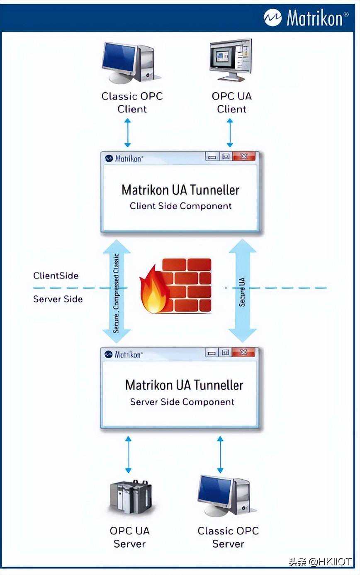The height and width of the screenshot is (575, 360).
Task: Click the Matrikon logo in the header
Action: pyautogui.click(x=306, y=18)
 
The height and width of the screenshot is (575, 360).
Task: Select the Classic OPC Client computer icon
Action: pyautogui.click(x=131, y=62)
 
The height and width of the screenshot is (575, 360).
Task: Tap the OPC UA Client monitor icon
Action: pyautogui.click(x=231, y=60)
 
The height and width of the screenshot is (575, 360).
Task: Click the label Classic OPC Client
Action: pyautogui.click(x=132, y=102)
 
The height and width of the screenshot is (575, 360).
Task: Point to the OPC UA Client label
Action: pyautogui.click(x=231, y=102)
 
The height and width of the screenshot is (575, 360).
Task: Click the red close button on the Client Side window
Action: pyautogui.click(x=243, y=157)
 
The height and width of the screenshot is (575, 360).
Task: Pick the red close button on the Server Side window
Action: pyautogui.click(x=243, y=353)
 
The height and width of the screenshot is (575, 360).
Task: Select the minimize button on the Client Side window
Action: pyautogui.click(x=212, y=157)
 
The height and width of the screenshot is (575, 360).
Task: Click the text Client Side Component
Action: pyautogui.click(x=180, y=206)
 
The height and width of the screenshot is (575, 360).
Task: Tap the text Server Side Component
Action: pyautogui.click(x=182, y=402)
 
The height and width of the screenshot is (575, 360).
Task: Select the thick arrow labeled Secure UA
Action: pyautogui.click(x=243, y=290)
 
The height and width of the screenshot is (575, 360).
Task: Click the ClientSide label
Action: pyautogui.click(x=56, y=275)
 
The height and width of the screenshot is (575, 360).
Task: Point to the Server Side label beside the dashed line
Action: pyautogui.click(x=58, y=299)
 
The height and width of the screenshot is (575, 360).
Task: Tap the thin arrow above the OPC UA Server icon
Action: pyautogui.click(x=128, y=454)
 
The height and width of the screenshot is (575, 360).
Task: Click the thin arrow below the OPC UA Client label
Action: pyautogui.click(x=230, y=133)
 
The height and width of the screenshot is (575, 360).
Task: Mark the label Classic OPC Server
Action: pyautogui.click(x=228, y=537)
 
